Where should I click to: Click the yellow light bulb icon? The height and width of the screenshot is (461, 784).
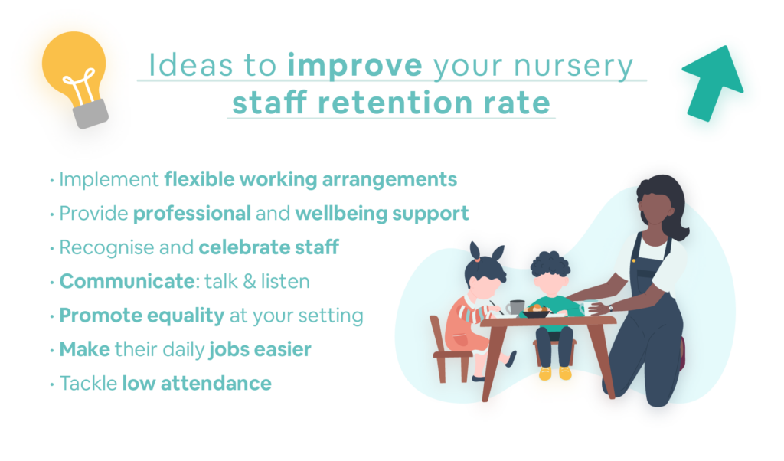[75, 77]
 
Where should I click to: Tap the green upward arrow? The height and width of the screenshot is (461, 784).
[713, 83]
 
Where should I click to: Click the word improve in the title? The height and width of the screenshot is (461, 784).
[355, 66]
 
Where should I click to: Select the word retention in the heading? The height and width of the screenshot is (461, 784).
[395, 103]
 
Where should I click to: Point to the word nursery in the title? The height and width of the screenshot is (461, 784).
[573, 67]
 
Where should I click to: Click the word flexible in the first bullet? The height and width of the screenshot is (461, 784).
[200, 179]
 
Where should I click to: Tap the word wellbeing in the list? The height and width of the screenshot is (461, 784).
[341, 214]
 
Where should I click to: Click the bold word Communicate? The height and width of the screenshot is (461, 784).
[127, 281]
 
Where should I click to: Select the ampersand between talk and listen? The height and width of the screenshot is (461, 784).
[249, 282]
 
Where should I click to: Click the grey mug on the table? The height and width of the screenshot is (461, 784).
[515, 307]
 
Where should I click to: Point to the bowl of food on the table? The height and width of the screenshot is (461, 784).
[535, 312]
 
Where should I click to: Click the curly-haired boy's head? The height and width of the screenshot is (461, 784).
[550, 273]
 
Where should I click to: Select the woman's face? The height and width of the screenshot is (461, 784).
[654, 210]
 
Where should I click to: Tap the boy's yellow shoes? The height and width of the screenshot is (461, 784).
[555, 373]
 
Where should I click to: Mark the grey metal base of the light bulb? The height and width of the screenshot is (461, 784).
[90, 114]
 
